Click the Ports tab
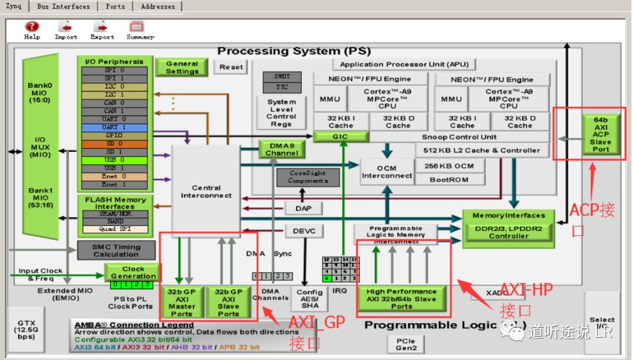click(115, 6)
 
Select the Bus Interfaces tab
click(63, 6)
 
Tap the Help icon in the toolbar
click(32, 27)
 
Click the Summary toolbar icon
click(137, 27)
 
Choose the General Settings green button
click(182, 67)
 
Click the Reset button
click(230, 67)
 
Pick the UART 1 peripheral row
click(114, 127)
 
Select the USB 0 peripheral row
click(114, 160)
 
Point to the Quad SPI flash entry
click(115, 229)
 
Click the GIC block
click(341, 137)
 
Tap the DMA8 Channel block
click(281, 149)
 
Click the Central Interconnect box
click(206, 192)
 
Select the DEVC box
click(304, 231)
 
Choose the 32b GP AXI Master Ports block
click(182, 302)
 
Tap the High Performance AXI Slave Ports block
click(401, 298)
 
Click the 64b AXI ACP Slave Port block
click(600, 134)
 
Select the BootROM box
click(449, 180)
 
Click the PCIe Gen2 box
click(406, 344)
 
